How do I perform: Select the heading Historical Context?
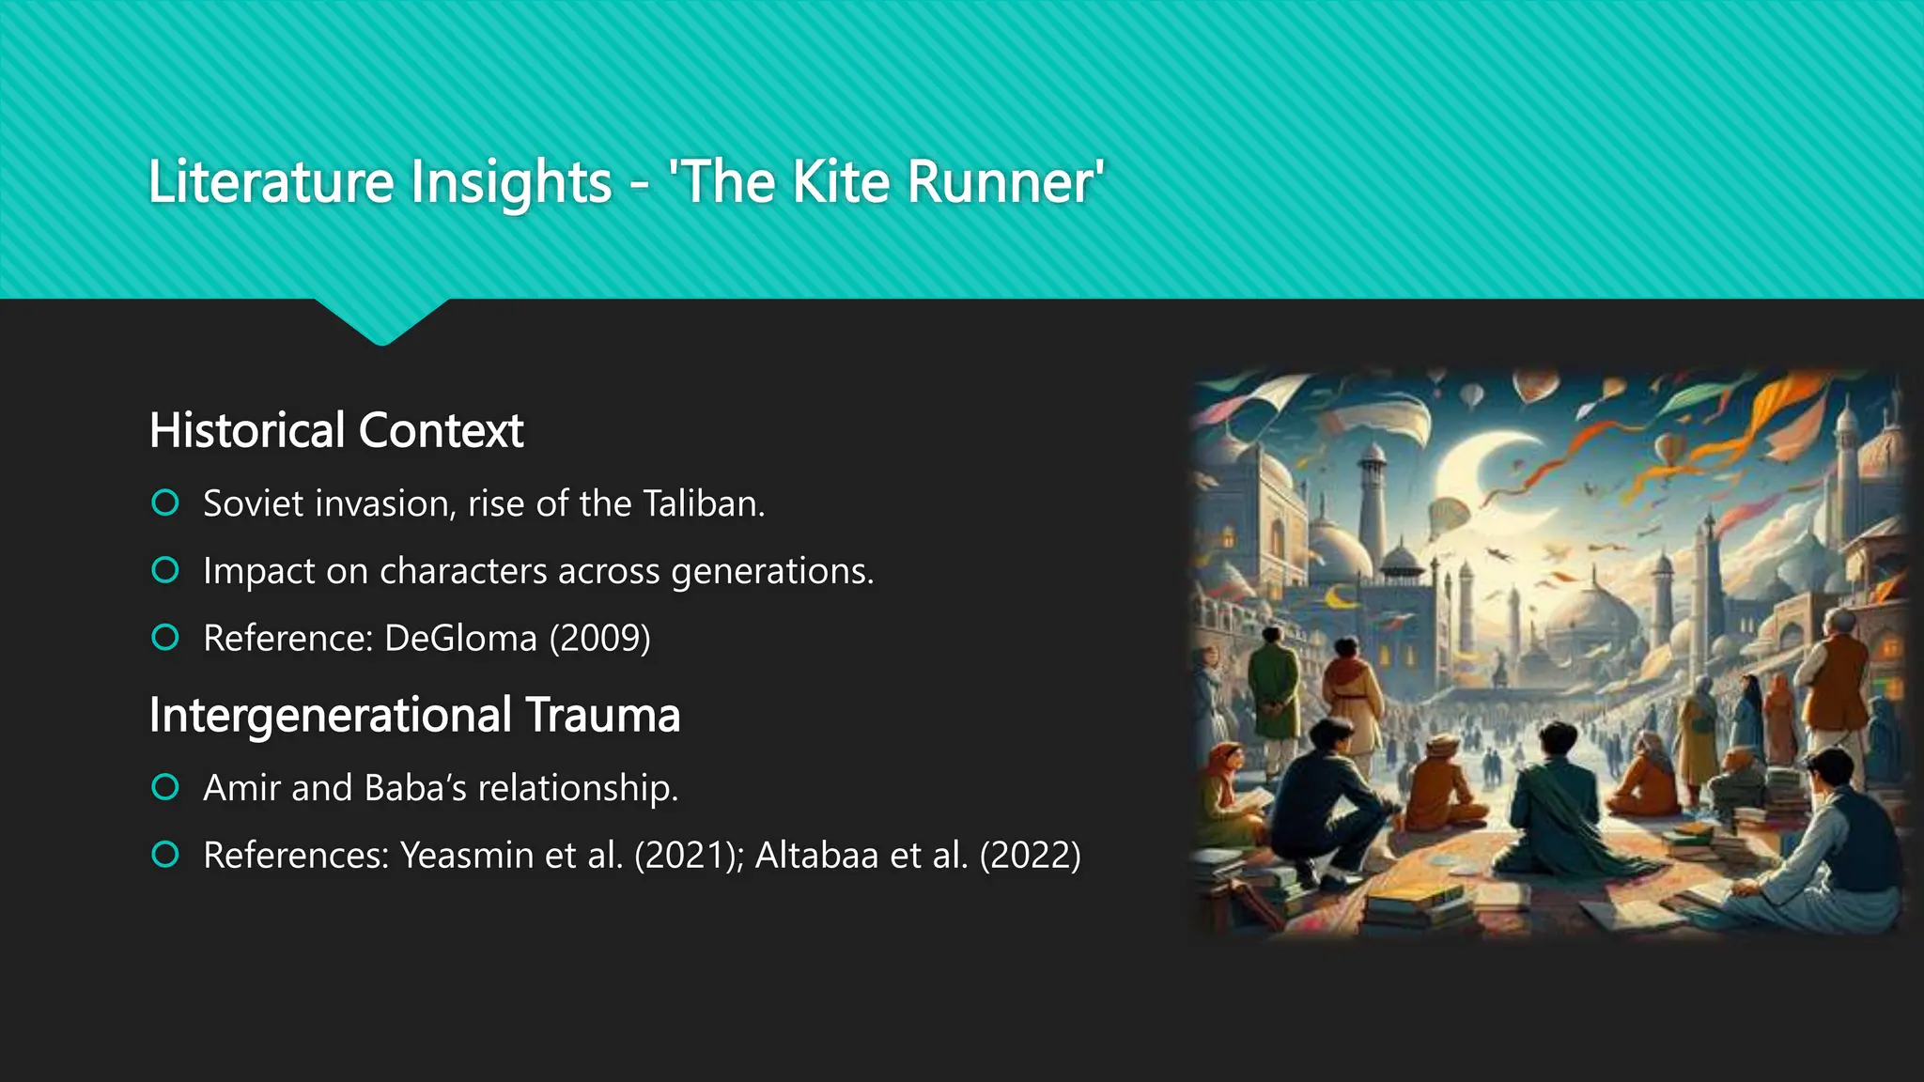pos(336,430)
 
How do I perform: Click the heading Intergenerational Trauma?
pos(414,715)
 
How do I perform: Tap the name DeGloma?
pos(460,639)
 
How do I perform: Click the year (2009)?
pos(599,639)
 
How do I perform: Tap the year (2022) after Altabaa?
pos(1030,856)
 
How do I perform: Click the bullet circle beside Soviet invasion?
pos(165,503)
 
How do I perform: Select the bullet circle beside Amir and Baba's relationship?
pos(165,787)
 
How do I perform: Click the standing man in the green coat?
pos(1273,681)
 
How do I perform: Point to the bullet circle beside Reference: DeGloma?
pos(165,638)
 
